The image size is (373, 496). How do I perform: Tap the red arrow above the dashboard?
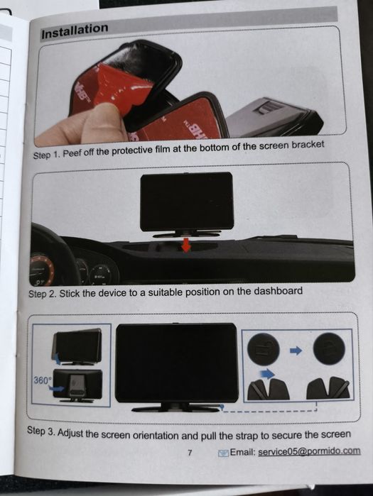point(186,245)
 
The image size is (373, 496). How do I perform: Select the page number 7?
point(190,453)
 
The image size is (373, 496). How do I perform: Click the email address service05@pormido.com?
point(309,451)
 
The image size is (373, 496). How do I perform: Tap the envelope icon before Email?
point(223,453)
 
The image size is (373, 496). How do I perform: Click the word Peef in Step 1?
point(72,153)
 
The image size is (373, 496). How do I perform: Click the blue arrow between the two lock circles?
point(296,351)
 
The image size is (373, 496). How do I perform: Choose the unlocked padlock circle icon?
point(263,349)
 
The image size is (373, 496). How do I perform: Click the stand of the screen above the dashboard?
point(186,233)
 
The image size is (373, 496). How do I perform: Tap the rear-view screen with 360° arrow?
point(78,384)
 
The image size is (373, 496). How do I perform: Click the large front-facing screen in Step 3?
point(177,363)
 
